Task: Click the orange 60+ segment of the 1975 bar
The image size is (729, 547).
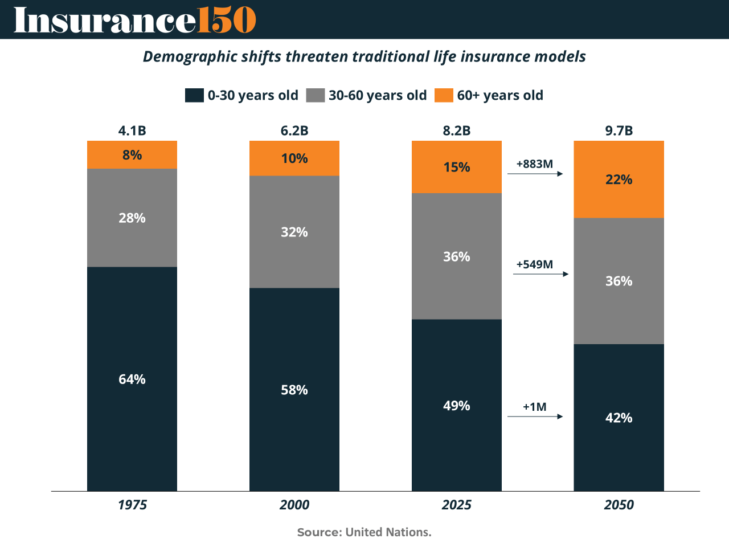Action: point(132,154)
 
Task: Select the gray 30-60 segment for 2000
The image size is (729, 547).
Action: point(294,232)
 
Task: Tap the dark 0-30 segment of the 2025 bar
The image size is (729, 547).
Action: point(457,405)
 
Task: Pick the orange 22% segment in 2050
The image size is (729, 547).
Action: point(619,179)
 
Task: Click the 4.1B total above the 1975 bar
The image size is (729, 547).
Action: point(132,130)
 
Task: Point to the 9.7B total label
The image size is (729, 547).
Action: point(619,130)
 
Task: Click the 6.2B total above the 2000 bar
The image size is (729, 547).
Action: point(294,130)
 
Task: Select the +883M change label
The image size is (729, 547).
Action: point(535,164)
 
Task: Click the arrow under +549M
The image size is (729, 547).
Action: point(540,274)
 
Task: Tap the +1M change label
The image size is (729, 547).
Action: point(535,407)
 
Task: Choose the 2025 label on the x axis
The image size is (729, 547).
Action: point(457,505)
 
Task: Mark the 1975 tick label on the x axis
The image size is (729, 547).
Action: point(132,505)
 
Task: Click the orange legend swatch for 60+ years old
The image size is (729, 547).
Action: point(444,95)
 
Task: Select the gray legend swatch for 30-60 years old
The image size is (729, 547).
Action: point(316,95)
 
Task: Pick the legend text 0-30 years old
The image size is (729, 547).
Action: point(253,95)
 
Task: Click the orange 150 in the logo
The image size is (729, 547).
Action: point(226,20)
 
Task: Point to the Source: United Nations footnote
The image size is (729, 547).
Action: point(364,532)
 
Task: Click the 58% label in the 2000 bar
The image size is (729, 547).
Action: point(294,390)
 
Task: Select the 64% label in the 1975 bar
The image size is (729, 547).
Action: point(132,379)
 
